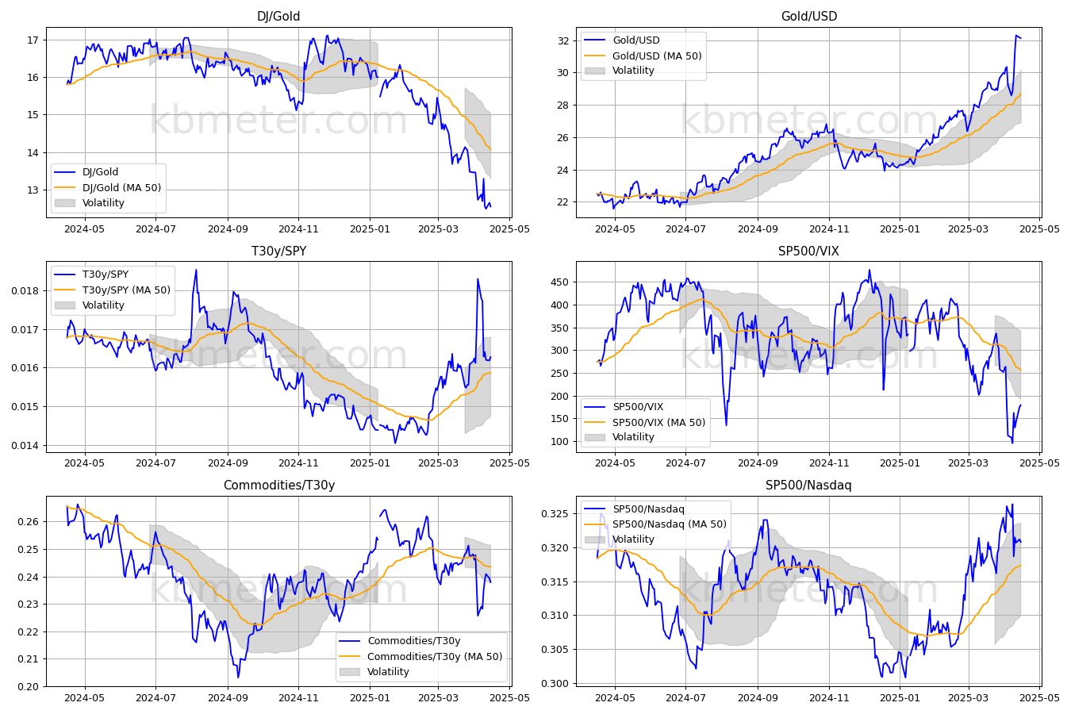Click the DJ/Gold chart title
[x=278, y=16]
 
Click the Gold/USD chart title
[x=809, y=16]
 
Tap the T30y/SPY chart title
[x=278, y=251]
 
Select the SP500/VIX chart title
[x=808, y=251]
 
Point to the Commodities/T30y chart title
[x=279, y=485]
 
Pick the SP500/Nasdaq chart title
[x=808, y=485]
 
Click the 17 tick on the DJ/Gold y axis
[x=33, y=40]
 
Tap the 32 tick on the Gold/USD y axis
[x=563, y=40]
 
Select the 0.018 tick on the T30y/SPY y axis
[x=25, y=291]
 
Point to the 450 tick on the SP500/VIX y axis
[x=560, y=282]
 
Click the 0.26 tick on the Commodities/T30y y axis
[x=29, y=522]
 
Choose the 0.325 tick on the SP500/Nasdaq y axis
[x=555, y=514]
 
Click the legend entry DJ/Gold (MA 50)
[x=121, y=187]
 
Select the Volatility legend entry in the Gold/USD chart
[x=633, y=71]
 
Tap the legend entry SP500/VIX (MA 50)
[x=658, y=422]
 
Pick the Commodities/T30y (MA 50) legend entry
[x=435, y=656]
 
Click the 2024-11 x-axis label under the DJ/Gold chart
[x=298, y=229]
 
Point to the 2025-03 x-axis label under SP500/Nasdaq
[x=968, y=698]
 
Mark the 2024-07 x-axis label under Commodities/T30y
[x=155, y=698]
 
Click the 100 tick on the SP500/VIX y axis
[x=560, y=442]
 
